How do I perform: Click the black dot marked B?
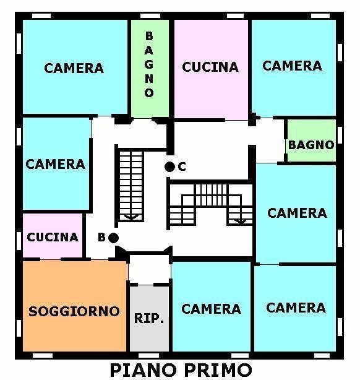tap(113, 238)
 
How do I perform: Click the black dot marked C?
tap(169, 166)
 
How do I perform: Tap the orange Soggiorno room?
tap(75, 306)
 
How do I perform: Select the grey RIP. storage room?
tap(149, 319)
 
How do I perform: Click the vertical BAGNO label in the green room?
tap(149, 64)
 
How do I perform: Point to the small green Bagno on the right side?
tap(311, 140)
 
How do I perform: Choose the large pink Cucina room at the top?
tap(211, 69)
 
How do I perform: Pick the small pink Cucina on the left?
tap(53, 236)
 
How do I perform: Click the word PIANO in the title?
tap(143, 370)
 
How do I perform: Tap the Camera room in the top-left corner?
tap(75, 67)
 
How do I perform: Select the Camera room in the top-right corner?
tap(294, 68)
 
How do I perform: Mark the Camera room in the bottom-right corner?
tap(295, 308)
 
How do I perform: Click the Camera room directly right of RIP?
tap(212, 306)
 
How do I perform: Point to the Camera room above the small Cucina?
tap(56, 163)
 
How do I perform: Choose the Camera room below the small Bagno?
tap(296, 213)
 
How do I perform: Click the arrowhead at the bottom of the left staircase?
tap(131, 217)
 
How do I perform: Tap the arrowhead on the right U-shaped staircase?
tap(241, 221)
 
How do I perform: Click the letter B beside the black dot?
tap(101, 237)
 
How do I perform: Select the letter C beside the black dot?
tap(182, 166)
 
